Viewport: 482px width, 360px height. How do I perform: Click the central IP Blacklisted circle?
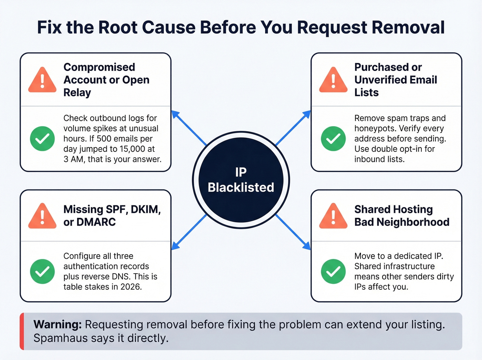pyautogui.click(x=241, y=180)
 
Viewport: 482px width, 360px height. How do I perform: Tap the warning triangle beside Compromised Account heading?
pyautogui.click(x=42, y=81)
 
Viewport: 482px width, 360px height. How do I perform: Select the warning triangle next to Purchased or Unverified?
pyautogui.click(x=333, y=81)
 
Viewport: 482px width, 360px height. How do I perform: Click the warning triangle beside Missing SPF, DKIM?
pyautogui.click(x=42, y=217)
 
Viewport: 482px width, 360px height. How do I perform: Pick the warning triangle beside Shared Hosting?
pyautogui.click(x=333, y=217)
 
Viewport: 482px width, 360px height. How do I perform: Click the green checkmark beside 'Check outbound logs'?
pyautogui.click(x=42, y=138)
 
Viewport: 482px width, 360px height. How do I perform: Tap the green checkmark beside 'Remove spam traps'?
pyautogui.click(x=333, y=138)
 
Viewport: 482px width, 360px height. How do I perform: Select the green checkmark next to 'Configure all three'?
pyautogui.click(x=42, y=271)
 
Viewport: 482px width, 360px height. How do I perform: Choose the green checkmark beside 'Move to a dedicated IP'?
pyautogui.click(x=333, y=271)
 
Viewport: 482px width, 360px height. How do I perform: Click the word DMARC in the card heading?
pyautogui.click(x=96, y=222)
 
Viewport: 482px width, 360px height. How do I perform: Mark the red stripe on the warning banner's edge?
pyautogui.click(x=22, y=331)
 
